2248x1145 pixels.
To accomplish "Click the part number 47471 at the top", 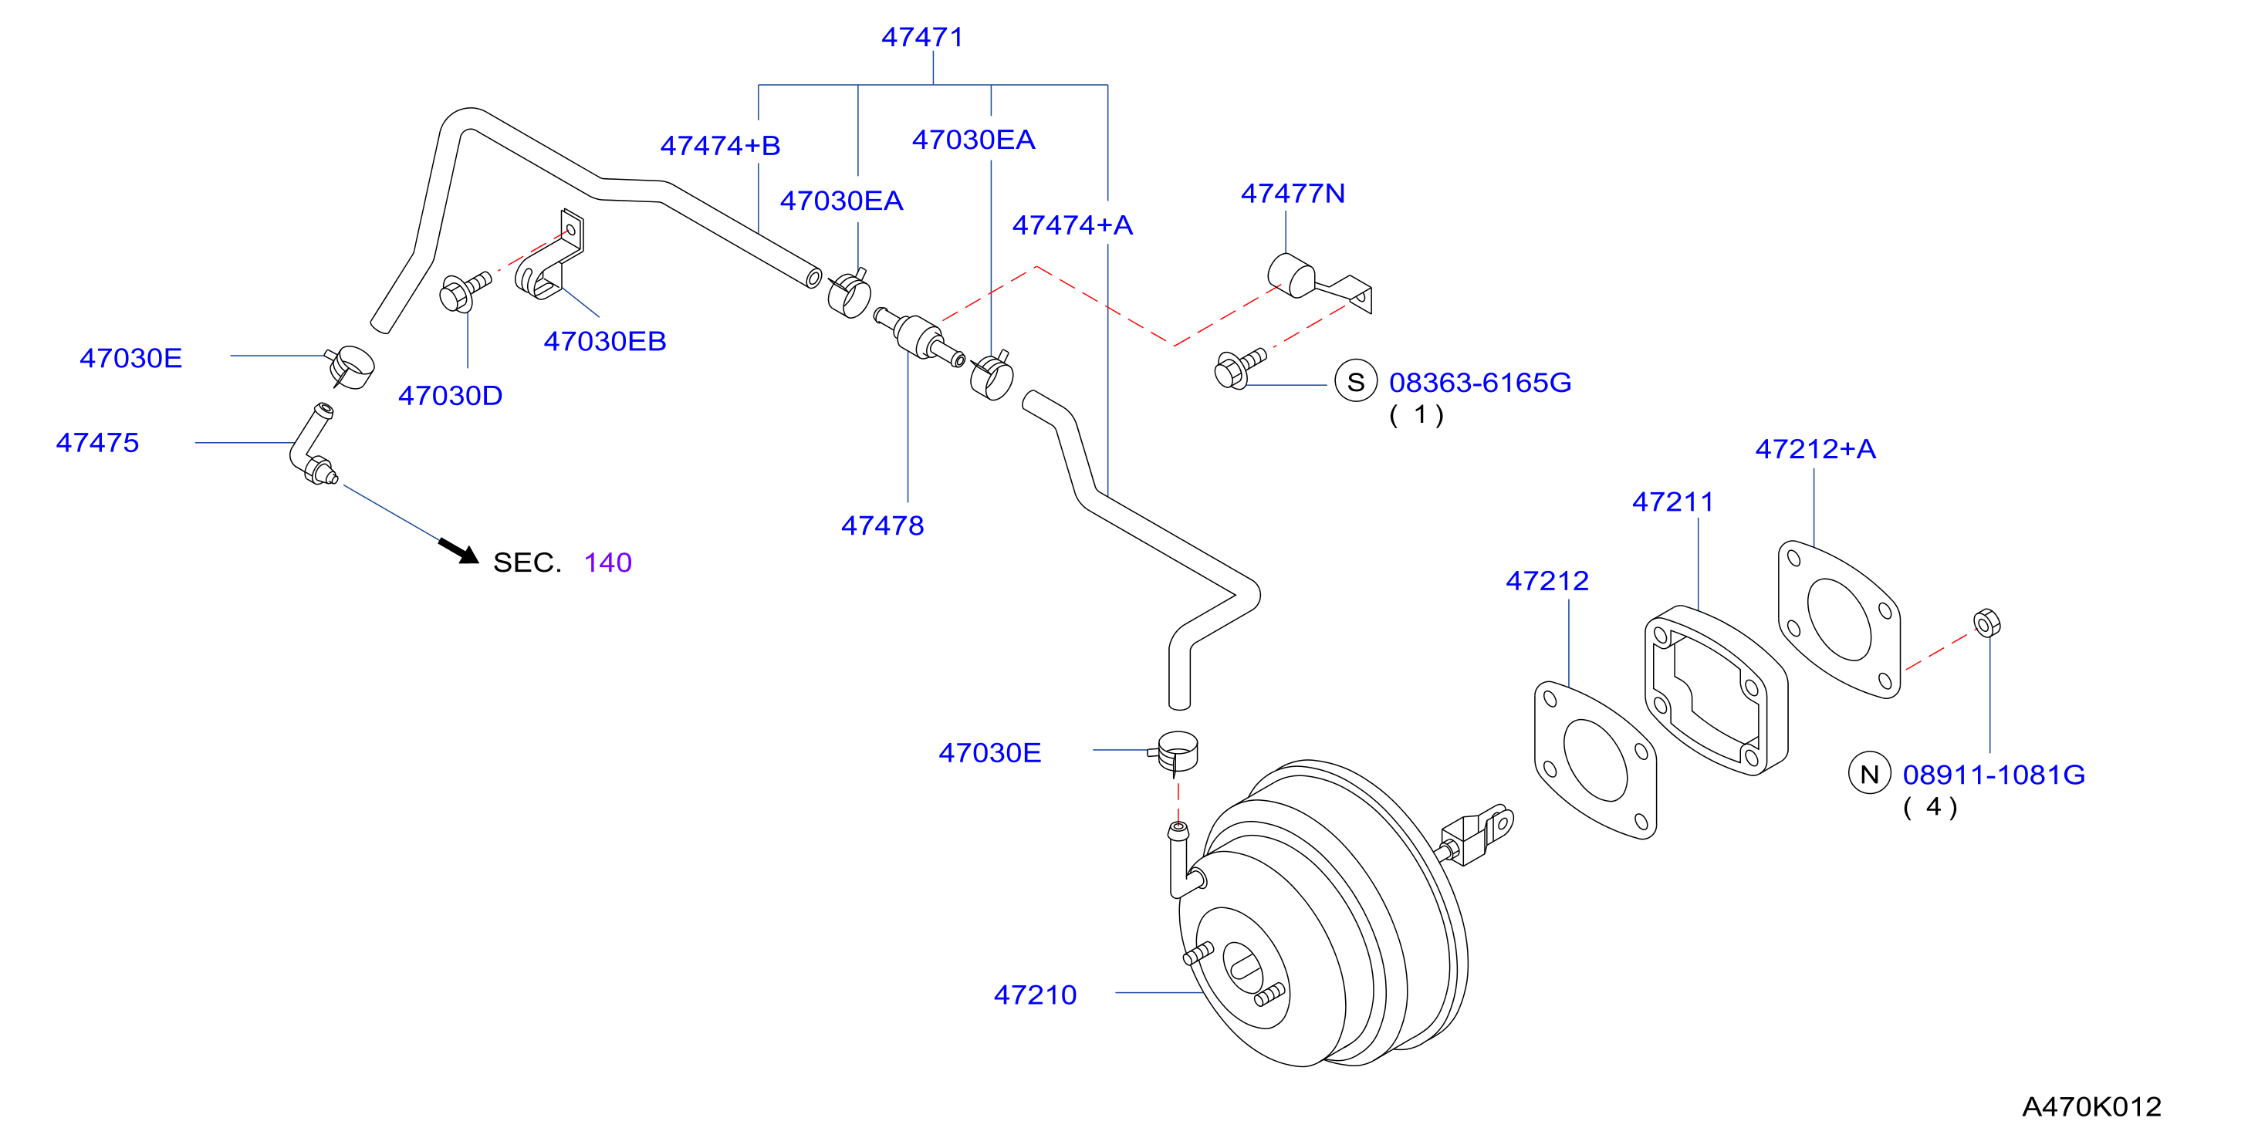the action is [x=921, y=38].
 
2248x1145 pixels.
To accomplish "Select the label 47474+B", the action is [x=720, y=146].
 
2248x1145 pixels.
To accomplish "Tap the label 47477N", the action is [x=1293, y=194].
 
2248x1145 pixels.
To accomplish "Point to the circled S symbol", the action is [x=1355, y=382].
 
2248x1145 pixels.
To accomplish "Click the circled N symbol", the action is [x=1869, y=774].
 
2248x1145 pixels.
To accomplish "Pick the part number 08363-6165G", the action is [x=1480, y=382].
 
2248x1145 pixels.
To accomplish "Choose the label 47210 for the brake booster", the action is [x=1035, y=995].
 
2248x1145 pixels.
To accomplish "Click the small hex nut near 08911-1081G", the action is [x=1987, y=623].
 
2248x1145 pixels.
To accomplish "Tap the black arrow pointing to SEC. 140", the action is [x=458, y=551].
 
